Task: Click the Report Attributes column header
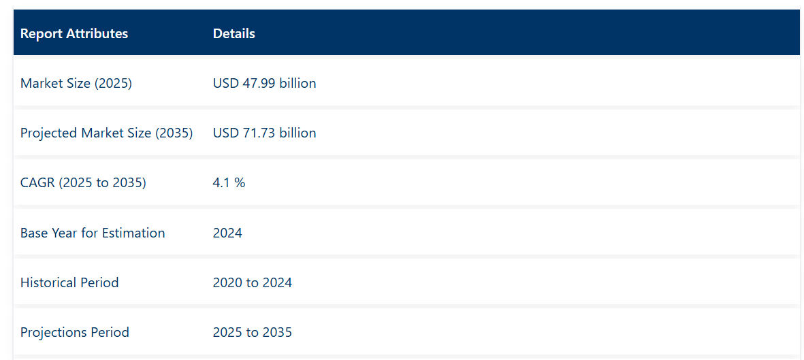point(74,33)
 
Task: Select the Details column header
point(234,33)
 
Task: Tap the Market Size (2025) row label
point(76,83)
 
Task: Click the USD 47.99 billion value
point(264,83)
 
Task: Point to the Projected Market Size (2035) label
point(106,133)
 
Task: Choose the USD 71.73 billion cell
point(264,133)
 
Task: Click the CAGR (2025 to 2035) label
point(83,182)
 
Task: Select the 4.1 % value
point(229,182)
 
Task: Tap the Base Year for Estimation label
point(93,233)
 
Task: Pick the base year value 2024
point(227,233)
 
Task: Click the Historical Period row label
point(69,282)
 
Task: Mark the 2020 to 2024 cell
point(252,282)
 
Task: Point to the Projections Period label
point(75,332)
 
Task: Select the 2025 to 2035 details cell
point(252,332)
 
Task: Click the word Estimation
point(133,233)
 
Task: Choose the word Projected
point(49,133)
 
